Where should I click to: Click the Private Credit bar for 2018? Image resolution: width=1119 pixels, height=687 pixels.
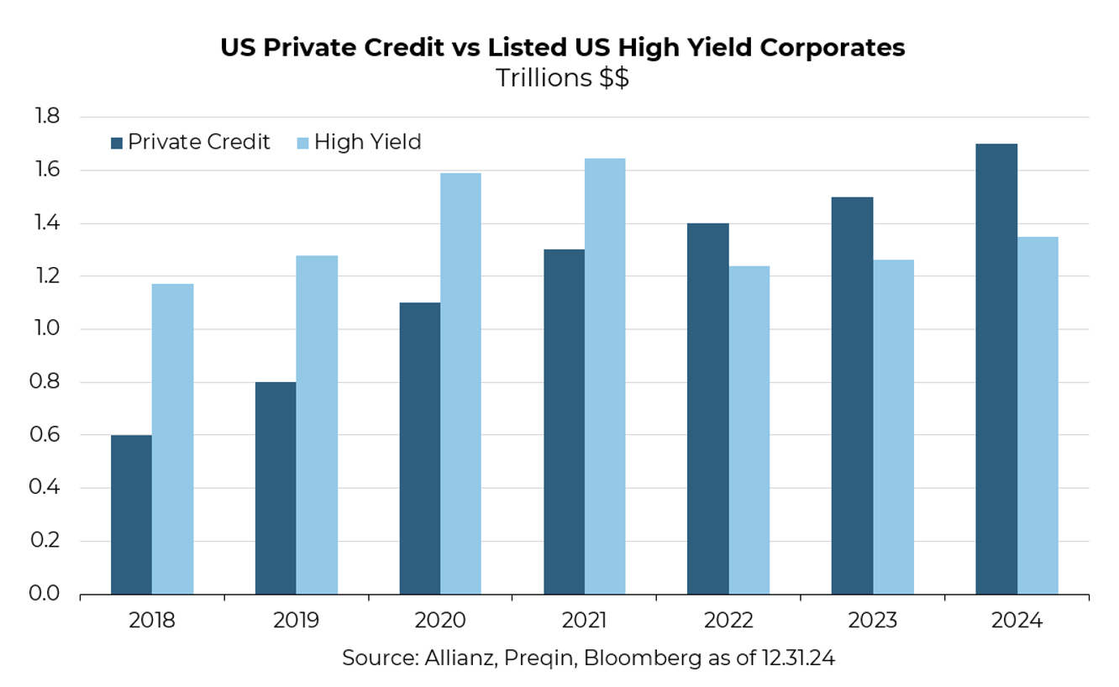[131, 514]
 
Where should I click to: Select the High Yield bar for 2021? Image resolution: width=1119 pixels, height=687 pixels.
[605, 376]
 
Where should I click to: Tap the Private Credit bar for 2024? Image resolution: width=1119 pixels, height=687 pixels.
[996, 369]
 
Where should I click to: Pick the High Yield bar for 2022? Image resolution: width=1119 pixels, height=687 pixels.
[749, 430]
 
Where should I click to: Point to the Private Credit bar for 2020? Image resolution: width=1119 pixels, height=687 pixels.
[420, 448]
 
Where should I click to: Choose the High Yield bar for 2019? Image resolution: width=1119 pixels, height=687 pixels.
[317, 424]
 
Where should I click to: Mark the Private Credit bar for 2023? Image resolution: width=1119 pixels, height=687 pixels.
[852, 395]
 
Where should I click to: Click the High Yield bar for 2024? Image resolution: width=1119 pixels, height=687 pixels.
[1038, 415]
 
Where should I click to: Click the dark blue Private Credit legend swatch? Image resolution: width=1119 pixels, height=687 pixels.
[118, 143]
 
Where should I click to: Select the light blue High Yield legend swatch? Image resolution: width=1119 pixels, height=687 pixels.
[303, 143]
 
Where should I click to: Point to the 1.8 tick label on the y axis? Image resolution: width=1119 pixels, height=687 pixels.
[47, 117]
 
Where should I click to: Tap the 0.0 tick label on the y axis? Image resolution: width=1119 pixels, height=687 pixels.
[47, 594]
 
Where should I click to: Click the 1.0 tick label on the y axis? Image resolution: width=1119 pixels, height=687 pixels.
[47, 329]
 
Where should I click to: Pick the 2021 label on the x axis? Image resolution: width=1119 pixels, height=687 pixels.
[584, 621]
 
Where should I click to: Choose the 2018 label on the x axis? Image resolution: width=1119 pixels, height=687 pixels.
[152, 621]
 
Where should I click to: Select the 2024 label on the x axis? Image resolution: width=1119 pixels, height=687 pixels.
[1017, 621]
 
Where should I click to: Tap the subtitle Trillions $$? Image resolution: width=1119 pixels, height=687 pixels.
[562, 78]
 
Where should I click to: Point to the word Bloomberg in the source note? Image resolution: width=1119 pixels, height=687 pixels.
[643, 658]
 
